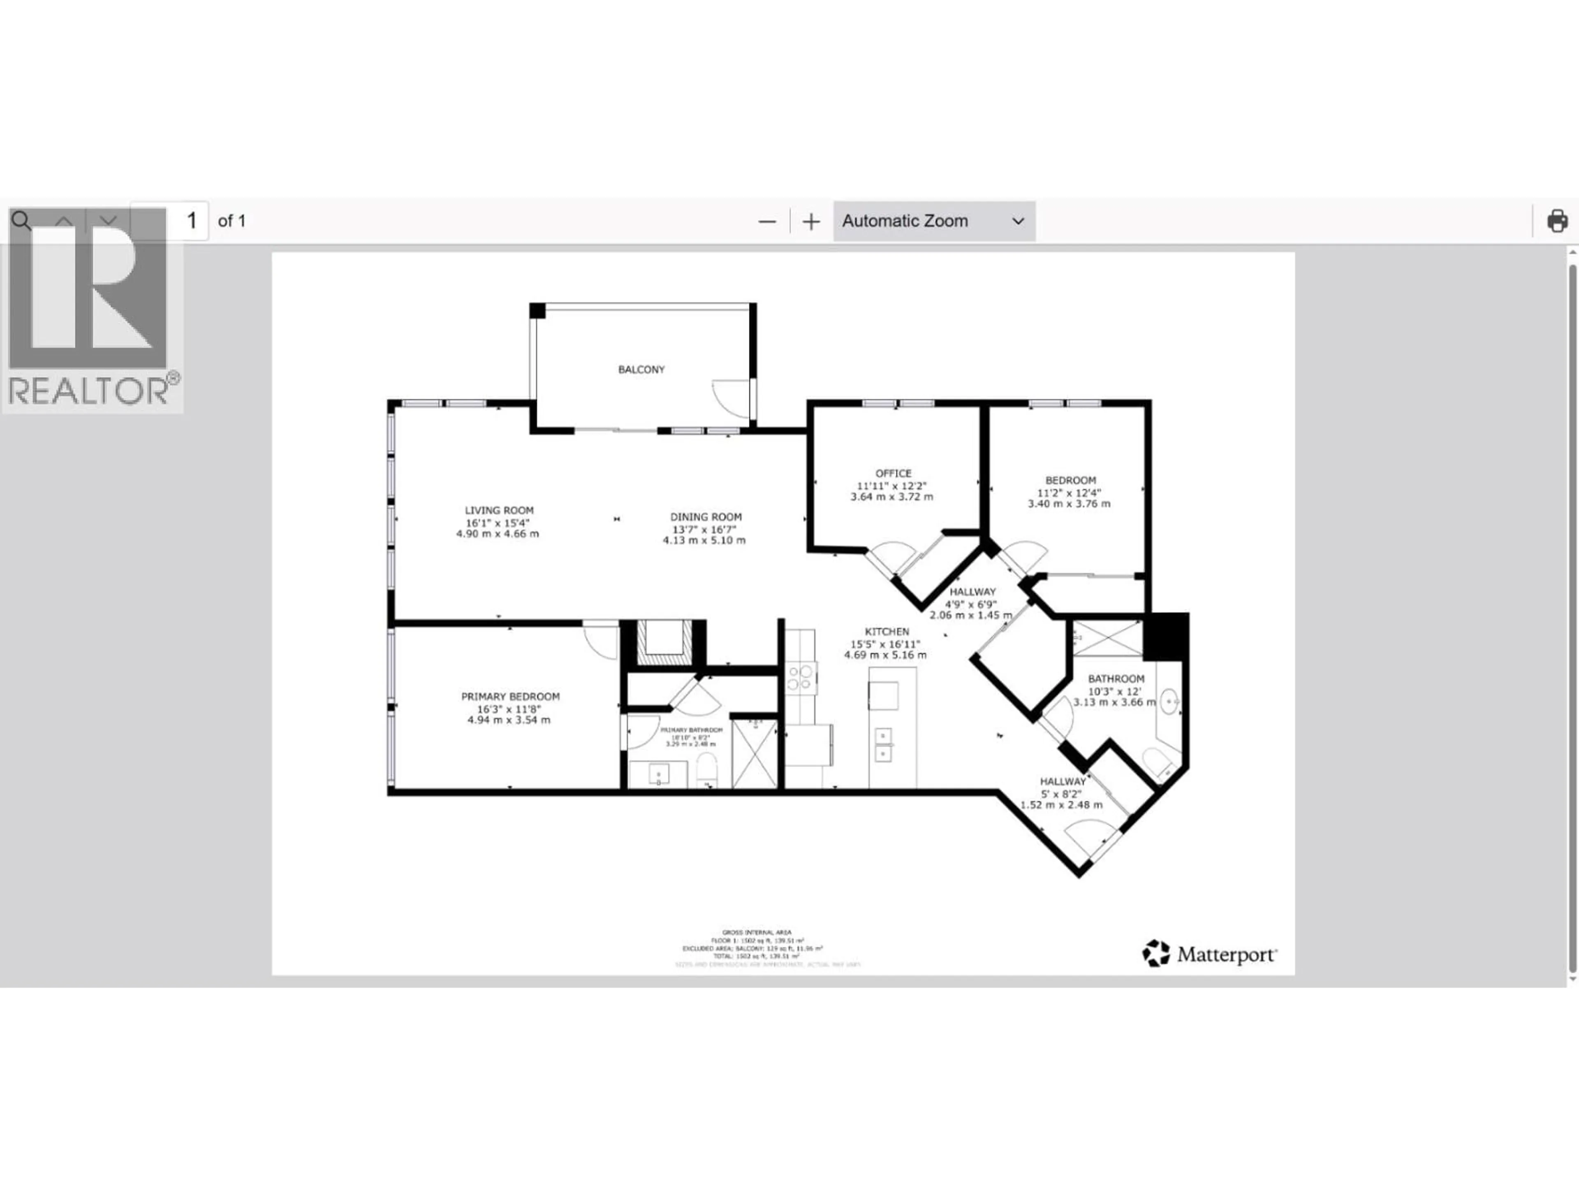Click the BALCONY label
(641, 369)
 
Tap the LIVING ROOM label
(499, 510)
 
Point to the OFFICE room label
(893, 473)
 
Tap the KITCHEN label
(887, 632)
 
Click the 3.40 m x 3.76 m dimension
(1069, 504)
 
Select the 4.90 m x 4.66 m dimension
(498, 534)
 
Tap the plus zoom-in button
(811, 221)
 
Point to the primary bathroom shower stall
(754, 753)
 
